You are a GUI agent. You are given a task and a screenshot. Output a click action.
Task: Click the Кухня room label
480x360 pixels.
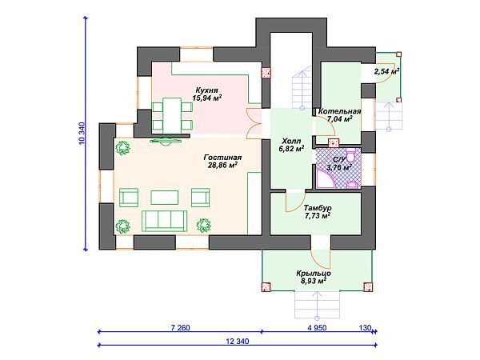click(x=207, y=90)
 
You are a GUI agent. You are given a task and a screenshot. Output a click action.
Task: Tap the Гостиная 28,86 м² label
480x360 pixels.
click(x=223, y=162)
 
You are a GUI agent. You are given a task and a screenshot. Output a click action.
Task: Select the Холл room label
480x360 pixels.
click(x=291, y=141)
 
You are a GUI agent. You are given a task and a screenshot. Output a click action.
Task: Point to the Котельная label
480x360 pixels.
click(x=339, y=111)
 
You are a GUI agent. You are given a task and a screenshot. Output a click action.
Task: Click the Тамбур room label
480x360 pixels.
click(x=318, y=208)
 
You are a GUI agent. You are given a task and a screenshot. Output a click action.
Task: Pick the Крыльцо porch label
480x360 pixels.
click(x=314, y=273)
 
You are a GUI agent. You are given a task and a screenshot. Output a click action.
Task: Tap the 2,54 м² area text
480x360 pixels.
click(x=386, y=71)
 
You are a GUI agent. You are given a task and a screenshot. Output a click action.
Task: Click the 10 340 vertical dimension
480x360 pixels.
click(x=82, y=133)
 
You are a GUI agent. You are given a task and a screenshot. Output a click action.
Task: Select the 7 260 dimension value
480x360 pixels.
click(x=180, y=327)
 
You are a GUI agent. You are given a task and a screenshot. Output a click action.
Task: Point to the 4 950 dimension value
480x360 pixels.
click(x=317, y=327)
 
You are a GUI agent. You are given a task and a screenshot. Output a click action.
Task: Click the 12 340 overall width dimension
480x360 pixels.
click(x=238, y=341)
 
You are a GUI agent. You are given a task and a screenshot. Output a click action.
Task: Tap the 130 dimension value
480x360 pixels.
click(x=365, y=327)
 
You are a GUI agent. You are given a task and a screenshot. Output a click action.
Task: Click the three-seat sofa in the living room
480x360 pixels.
click(x=164, y=221)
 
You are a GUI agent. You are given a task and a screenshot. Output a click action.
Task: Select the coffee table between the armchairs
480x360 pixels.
click(x=164, y=198)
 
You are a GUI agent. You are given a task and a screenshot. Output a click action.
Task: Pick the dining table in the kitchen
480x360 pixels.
click(x=172, y=115)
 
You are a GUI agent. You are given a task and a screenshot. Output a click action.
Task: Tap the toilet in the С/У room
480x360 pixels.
click(x=351, y=156)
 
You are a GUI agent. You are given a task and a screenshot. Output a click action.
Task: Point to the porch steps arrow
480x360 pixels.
click(x=317, y=305)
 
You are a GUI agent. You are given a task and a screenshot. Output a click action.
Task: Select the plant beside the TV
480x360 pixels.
click(x=122, y=148)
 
